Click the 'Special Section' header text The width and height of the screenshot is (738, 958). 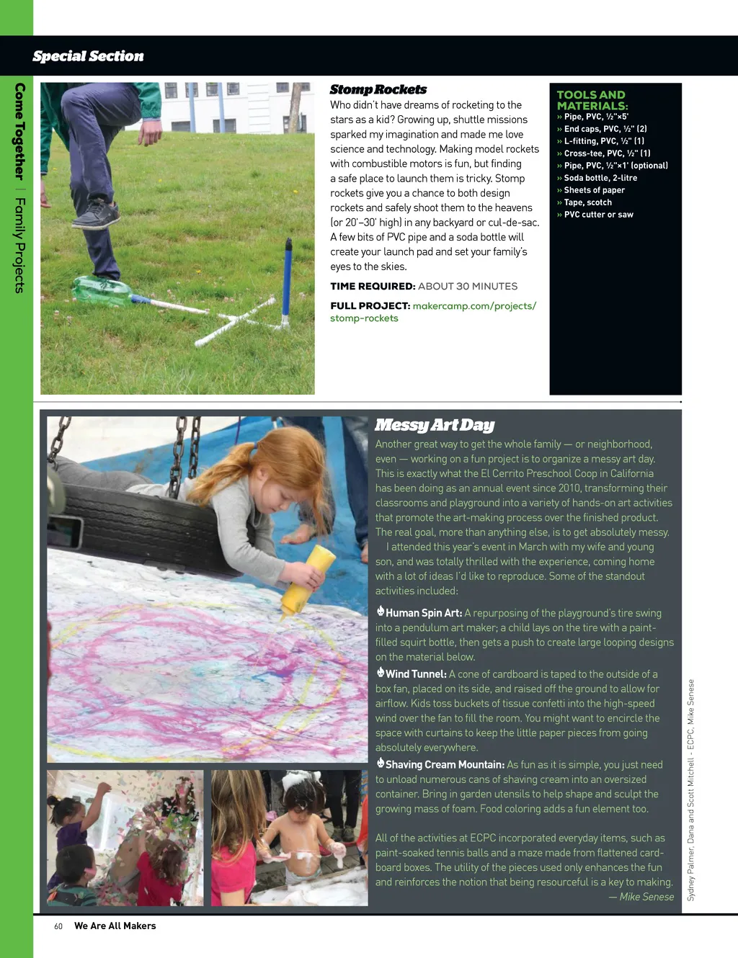(88, 56)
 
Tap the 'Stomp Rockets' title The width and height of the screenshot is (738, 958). (378, 89)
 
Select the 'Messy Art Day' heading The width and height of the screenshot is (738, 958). (435, 425)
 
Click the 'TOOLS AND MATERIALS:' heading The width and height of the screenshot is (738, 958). (592, 100)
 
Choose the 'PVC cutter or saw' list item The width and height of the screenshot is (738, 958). (598, 215)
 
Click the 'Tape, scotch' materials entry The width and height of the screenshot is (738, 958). (587, 202)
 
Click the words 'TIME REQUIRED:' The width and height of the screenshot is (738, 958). (373, 286)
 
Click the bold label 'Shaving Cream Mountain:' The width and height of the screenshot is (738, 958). (444, 765)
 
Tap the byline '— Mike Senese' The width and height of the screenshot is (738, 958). (641, 897)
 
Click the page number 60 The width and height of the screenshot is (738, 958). (58, 926)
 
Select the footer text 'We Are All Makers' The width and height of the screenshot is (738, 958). (115, 926)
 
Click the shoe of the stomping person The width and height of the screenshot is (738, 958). (96, 214)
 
